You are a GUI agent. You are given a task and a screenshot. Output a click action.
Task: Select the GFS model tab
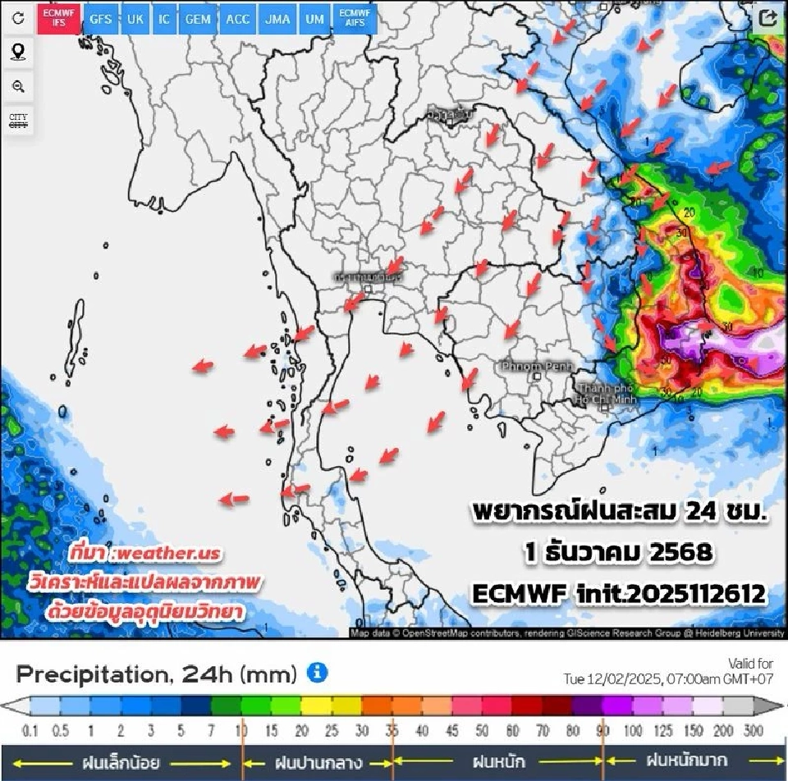[101, 20]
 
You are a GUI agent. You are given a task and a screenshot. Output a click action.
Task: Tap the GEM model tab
[197, 20]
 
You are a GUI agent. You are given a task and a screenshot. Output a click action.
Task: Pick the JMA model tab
[277, 20]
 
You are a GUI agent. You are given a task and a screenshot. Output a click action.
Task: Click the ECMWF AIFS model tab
[355, 20]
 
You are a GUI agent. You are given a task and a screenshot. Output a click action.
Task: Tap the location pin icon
[18, 53]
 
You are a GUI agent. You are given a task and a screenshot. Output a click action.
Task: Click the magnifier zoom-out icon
[18, 86]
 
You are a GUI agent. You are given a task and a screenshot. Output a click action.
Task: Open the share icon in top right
[768, 19]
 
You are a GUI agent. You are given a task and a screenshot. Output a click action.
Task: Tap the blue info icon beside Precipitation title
[317, 674]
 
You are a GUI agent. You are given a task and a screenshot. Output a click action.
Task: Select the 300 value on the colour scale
[754, 730]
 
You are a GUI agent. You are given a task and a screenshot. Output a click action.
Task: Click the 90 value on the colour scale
[603, 730]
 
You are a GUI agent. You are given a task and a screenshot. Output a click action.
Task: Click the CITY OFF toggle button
[18, 121]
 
